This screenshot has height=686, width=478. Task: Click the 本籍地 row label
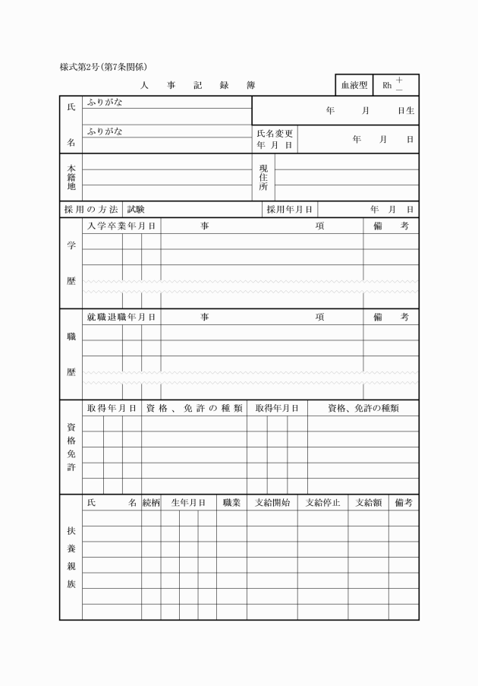[71, 177]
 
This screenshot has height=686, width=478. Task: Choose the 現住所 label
[263, 177]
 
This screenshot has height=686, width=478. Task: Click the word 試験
[136, 209]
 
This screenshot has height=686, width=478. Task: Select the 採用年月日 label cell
[290, 209]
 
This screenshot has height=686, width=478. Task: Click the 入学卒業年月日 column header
[121, 226]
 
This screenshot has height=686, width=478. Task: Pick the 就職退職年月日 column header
[121, 317]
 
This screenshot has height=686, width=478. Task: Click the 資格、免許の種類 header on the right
[363, 408]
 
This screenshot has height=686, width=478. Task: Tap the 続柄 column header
[151, 502]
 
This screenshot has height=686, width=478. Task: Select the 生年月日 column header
[188, 502]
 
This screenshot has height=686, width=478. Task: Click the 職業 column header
[231, 502]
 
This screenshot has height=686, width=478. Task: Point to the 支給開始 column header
[272, 502]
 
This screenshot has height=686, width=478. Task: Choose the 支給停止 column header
[322, 502]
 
